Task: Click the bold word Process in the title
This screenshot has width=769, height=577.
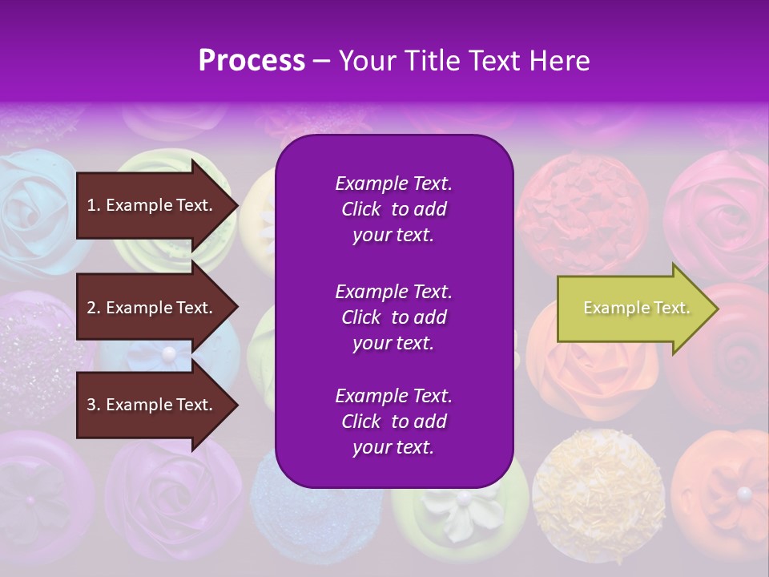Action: tap(252, 61)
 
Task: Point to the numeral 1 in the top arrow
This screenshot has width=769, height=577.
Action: tap(91, 205)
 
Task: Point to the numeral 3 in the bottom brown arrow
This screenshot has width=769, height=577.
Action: tap(91, 405)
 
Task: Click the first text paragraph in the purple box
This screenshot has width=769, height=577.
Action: tap(393, 209)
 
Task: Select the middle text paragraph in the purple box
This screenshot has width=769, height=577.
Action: tap(393, 317)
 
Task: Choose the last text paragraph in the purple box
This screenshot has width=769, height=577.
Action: tap(393, 422)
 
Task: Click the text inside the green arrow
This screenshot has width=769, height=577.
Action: tap(636, 308)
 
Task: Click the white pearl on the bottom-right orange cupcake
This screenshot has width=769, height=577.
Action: tap(744, 493)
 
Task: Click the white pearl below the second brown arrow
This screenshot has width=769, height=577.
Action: tap(168, 353)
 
